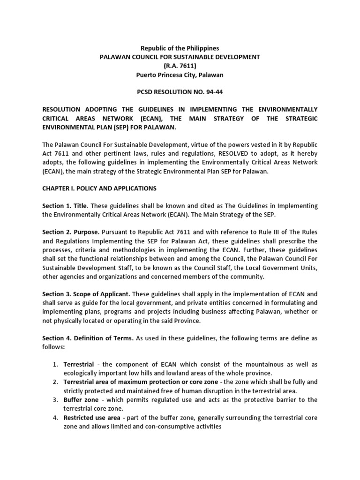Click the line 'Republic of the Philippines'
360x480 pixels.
point(180,48)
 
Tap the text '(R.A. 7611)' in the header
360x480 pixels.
point(180,66)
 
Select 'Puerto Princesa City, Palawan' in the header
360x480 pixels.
point(180,75)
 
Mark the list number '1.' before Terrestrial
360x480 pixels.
point(55,364)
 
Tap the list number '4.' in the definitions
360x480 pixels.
point(55,417)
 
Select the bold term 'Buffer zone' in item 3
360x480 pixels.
point(81,399)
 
